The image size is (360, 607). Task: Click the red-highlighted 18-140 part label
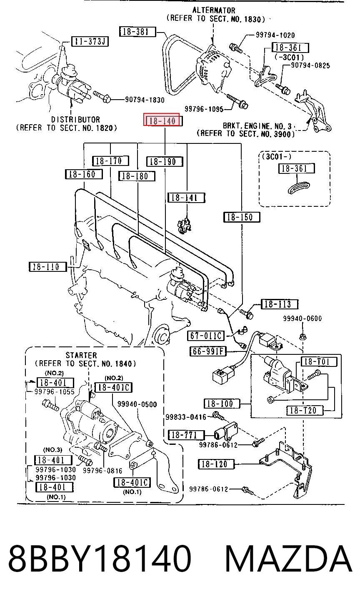(x=161, y=120)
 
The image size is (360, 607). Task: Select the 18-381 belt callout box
(x=137, y=32)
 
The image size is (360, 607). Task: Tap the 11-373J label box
(x=90, y=41)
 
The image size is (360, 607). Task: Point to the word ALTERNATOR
(x=214, y=10)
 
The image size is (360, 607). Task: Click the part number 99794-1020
(x=275, y=35)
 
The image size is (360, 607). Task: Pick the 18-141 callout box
(x=186, y=198)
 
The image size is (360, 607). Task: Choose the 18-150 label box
(x=242, y=217)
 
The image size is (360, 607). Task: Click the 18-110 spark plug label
(x=47, y=267)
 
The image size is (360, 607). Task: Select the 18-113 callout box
(x=280, y=304)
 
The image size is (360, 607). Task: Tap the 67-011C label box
(x=206, y=336)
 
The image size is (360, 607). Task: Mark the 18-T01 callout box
(x=319, y=361)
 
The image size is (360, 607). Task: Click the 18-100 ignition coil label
(x=222, y=404)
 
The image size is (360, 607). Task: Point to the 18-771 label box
(x=186, y=435)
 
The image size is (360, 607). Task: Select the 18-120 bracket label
(x=216, y=464)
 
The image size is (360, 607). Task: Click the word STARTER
(x=81, y=355)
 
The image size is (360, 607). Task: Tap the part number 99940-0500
(x=137, y=404)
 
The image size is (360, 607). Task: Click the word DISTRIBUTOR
(x=75, y=120)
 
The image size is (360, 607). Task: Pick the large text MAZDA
(x=288, y=559)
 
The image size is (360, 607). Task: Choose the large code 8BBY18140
(x=100, y=559)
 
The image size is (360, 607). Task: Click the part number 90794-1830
(x=145, y=100)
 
